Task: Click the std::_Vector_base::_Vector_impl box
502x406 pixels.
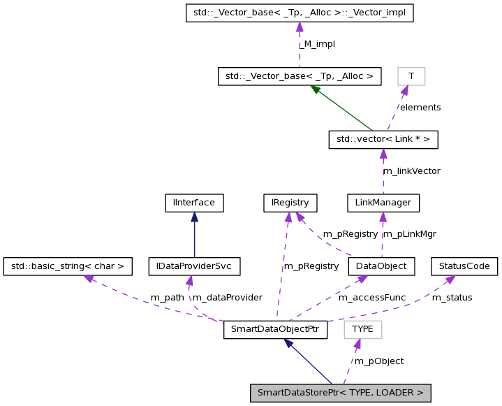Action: click(x=300, y=13)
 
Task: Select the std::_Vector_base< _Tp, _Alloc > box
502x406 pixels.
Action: click(x=300, y=75)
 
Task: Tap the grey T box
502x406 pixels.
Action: click(x=411, y=75)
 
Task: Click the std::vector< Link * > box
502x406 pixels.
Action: click(x=383, y=140)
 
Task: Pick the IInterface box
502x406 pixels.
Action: click(x=194, y=203)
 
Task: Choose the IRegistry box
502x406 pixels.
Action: click(x=290, y=203)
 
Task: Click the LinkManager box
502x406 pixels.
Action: click(x=383, y=203)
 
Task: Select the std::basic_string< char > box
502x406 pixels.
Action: click(x=68, y=266)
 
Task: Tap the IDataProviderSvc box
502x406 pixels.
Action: click(x=194, y=266)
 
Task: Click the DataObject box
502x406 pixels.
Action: click(x=381, y=266)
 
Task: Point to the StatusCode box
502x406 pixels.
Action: click(x=464, y=266)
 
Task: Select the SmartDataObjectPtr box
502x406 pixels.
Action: click(x=275, y=329)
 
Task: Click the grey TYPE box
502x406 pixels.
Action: click(x=362, y=329)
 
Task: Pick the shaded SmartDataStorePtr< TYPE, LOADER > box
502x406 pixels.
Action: click(x=340, y=393)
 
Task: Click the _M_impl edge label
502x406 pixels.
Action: click(x=319, y=44)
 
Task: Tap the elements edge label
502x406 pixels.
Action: click(x=420, y=108)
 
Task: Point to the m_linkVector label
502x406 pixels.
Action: click(x=411, y=171)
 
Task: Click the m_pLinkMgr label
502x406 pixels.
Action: click(x=410, y=234)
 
